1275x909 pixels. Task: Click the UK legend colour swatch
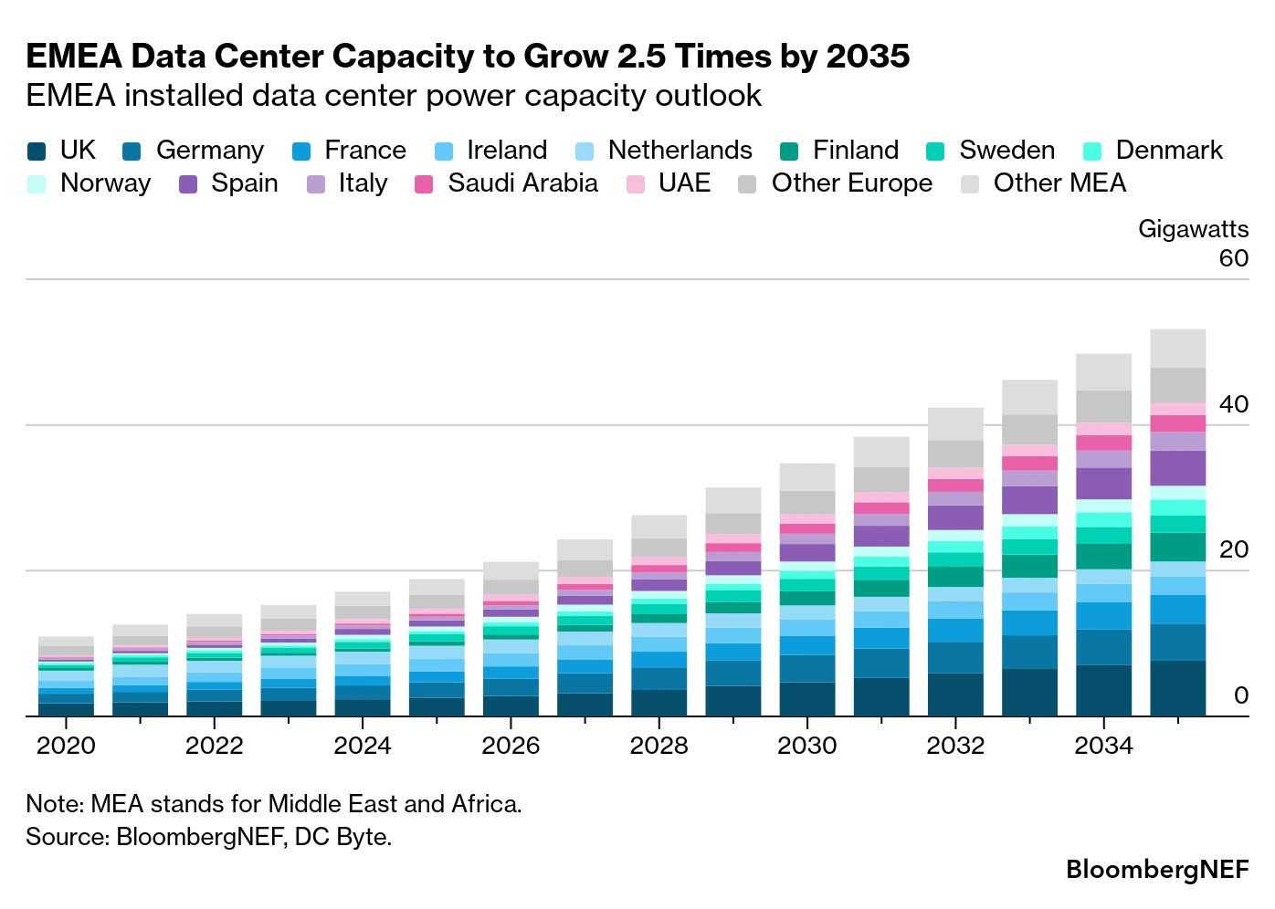[x=37, y=151]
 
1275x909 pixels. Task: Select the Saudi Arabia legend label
[x=522, y=183]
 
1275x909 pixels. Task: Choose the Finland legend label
[x=856, y=151]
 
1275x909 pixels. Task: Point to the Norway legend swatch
[x=37, y=184]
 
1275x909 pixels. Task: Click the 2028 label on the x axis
[x=659, y=745]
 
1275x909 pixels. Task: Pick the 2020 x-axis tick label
[x=66, y=745]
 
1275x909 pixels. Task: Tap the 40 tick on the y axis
[x=1234, y=404]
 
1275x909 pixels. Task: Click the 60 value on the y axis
[x=1234, y=258]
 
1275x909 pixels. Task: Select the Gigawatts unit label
[x=1193, y=229]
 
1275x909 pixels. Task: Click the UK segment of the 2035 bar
[x=1177, y=688]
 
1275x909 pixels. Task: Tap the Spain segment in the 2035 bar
[x=1177, y=468]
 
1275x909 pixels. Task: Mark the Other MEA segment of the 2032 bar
[x=955, y=424]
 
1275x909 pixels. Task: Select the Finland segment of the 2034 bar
[x=1103, y=557]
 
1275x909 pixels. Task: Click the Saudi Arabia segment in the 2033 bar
[x=1029, y=464]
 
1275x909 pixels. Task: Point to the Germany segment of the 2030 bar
[x=807, y=668]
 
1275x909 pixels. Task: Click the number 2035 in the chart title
[x=868, y=57]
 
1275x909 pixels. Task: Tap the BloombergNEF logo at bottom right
[x=1157, y=869]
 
